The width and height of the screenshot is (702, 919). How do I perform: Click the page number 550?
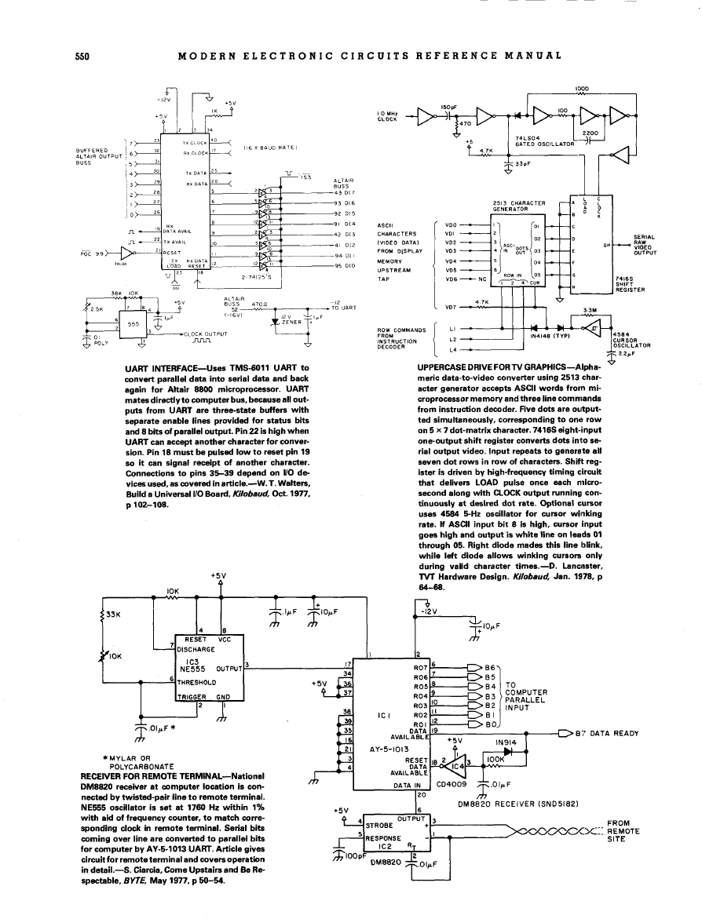82,56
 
